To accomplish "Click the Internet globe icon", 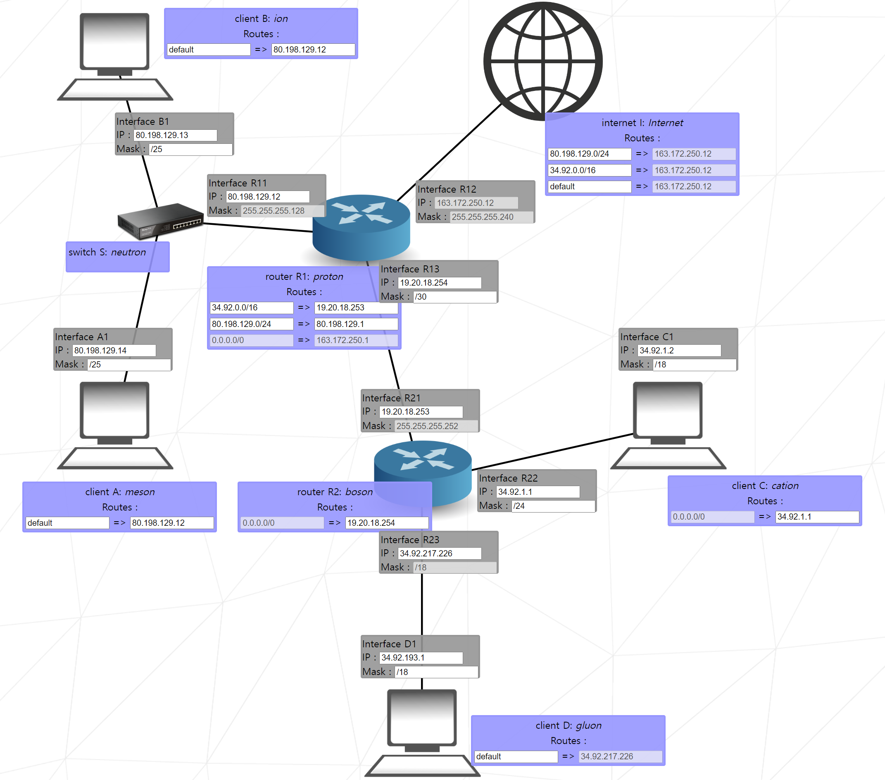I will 542,61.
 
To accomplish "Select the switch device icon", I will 160,221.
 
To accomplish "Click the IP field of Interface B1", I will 175,135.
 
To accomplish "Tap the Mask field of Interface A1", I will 129,365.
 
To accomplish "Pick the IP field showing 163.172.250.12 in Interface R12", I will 476,203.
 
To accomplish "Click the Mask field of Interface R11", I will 282,211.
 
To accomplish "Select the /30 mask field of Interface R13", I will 454,297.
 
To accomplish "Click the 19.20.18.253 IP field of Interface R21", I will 421,412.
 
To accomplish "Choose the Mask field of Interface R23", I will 454,568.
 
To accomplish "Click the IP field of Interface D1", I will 421,658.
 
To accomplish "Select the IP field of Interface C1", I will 679,351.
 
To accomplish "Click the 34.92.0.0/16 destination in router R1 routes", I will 252,308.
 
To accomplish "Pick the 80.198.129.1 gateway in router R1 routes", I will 356,324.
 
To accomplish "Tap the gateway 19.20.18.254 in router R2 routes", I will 387,523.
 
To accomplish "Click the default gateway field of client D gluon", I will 620,756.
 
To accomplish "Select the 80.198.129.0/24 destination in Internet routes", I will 589,154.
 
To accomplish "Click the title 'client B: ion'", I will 261,19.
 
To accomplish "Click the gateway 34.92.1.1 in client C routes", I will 816,517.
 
